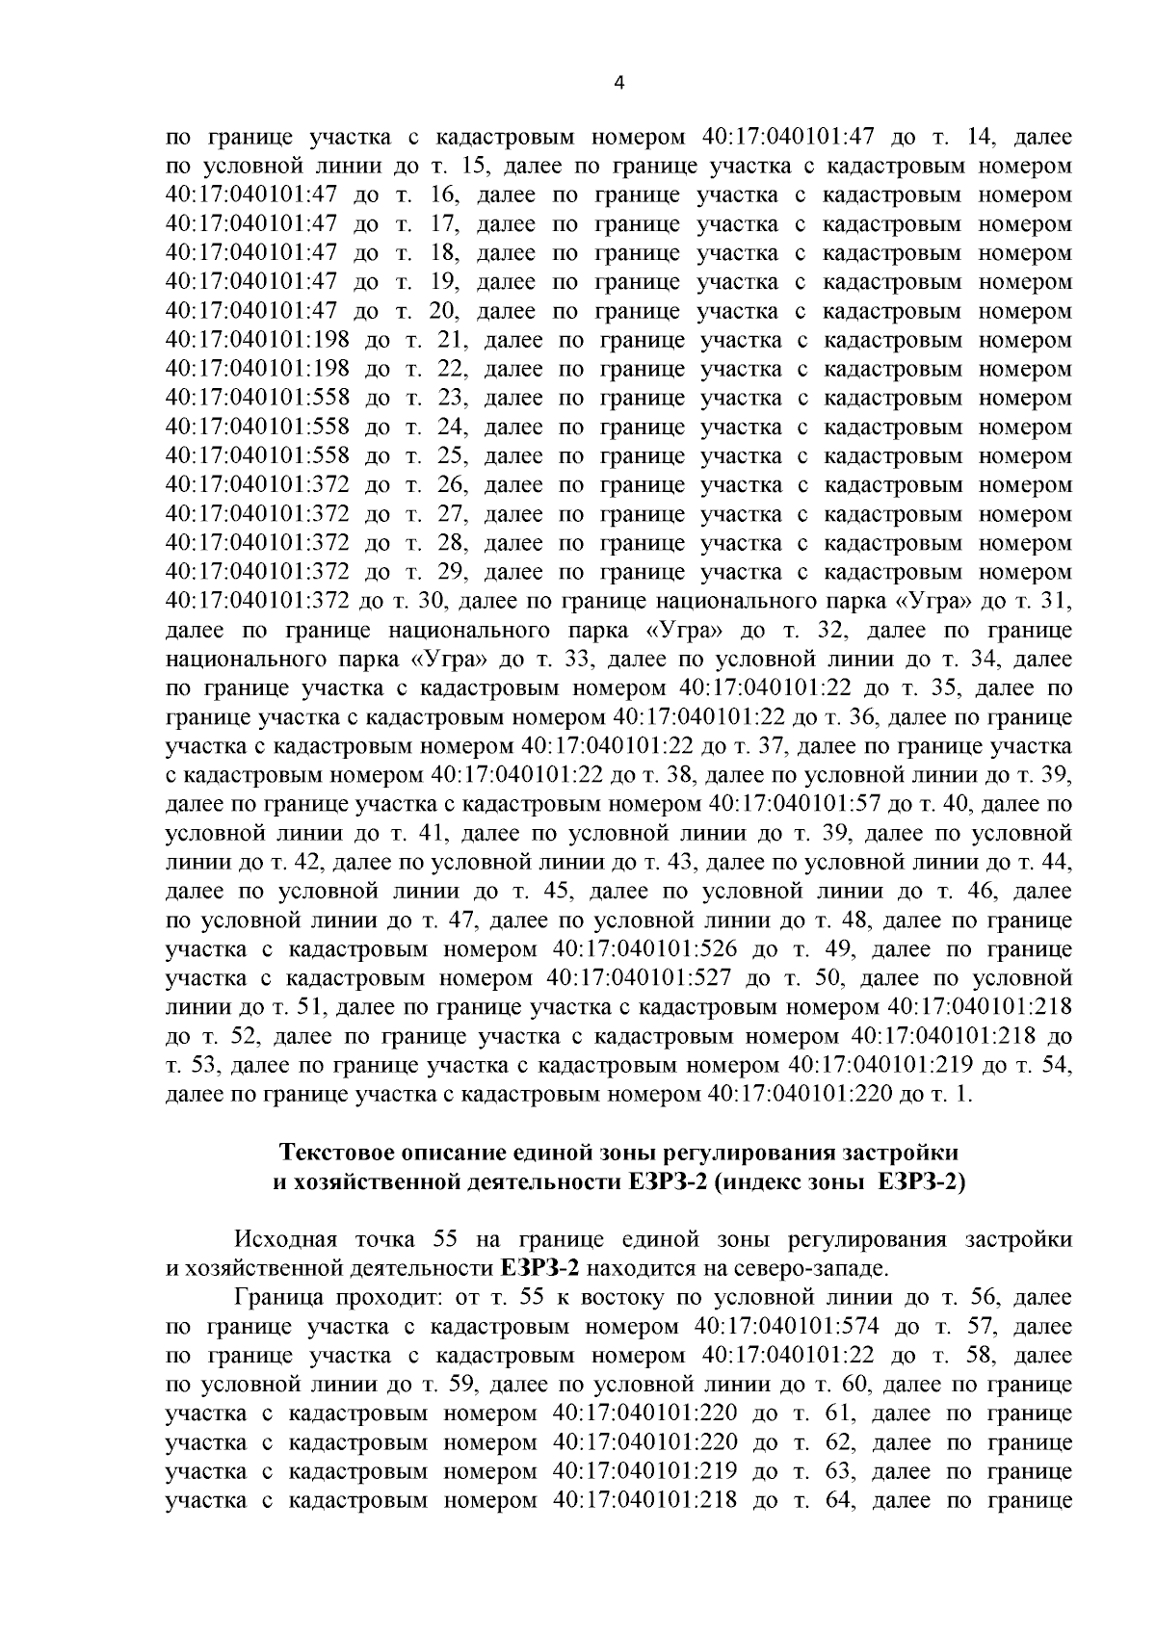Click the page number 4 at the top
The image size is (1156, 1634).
click(619, 84)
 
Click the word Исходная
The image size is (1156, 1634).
click(279, 1239)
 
